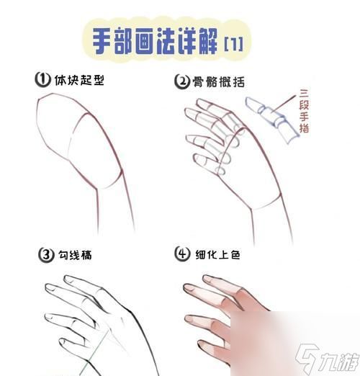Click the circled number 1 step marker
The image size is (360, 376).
[x=42, y=80]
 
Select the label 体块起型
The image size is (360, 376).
[x=79, y=80]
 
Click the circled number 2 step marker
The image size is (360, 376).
[x=181, y=81]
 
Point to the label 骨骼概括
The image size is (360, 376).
[x=216, y=81]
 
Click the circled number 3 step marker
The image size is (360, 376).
[x=45, y=254]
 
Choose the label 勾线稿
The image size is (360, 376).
[x=76, y=254]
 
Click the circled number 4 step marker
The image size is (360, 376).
[x=182, y=254]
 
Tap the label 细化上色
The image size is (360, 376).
[x=217, y=254]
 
